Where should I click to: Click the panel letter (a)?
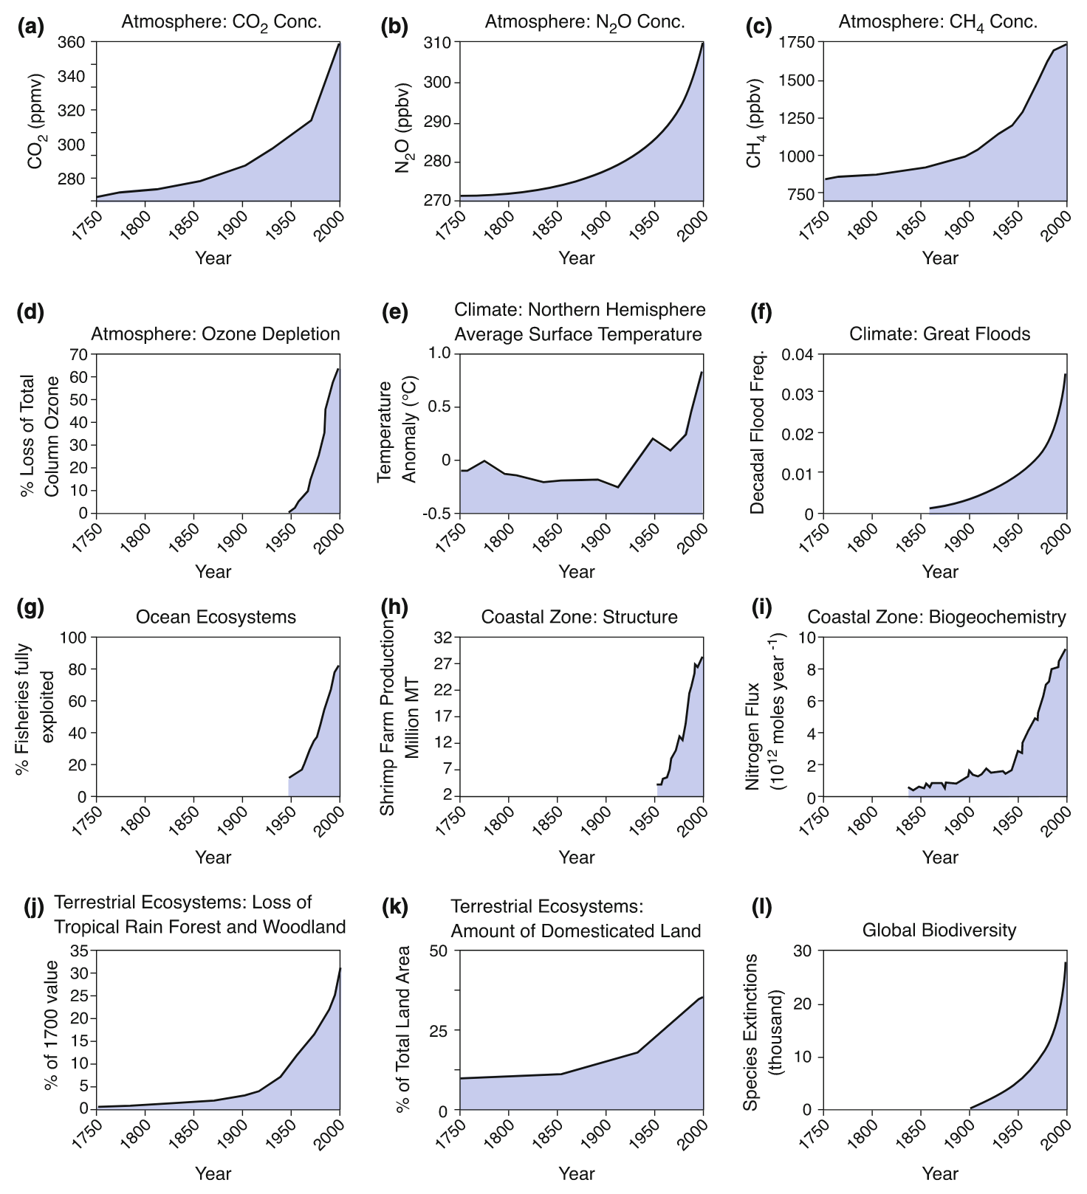pos(30,27)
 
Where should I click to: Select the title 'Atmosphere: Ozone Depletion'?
pos(216,334)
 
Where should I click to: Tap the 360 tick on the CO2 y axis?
pos(71,43)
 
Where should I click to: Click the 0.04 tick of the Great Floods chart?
pos(798,354)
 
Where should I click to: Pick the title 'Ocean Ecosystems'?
pos(216,617)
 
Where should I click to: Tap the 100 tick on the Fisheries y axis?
pos(75,637)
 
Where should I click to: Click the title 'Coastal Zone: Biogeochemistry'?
pos(936,617)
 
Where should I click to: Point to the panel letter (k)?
pos(394,907)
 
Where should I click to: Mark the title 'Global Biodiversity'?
pos(939,931)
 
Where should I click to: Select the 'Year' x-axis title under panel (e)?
pos(577,572)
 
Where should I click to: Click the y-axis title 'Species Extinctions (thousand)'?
pos(761,1031)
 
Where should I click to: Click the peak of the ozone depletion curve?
pos(338,368)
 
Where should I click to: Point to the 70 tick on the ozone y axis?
pos(78,354)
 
